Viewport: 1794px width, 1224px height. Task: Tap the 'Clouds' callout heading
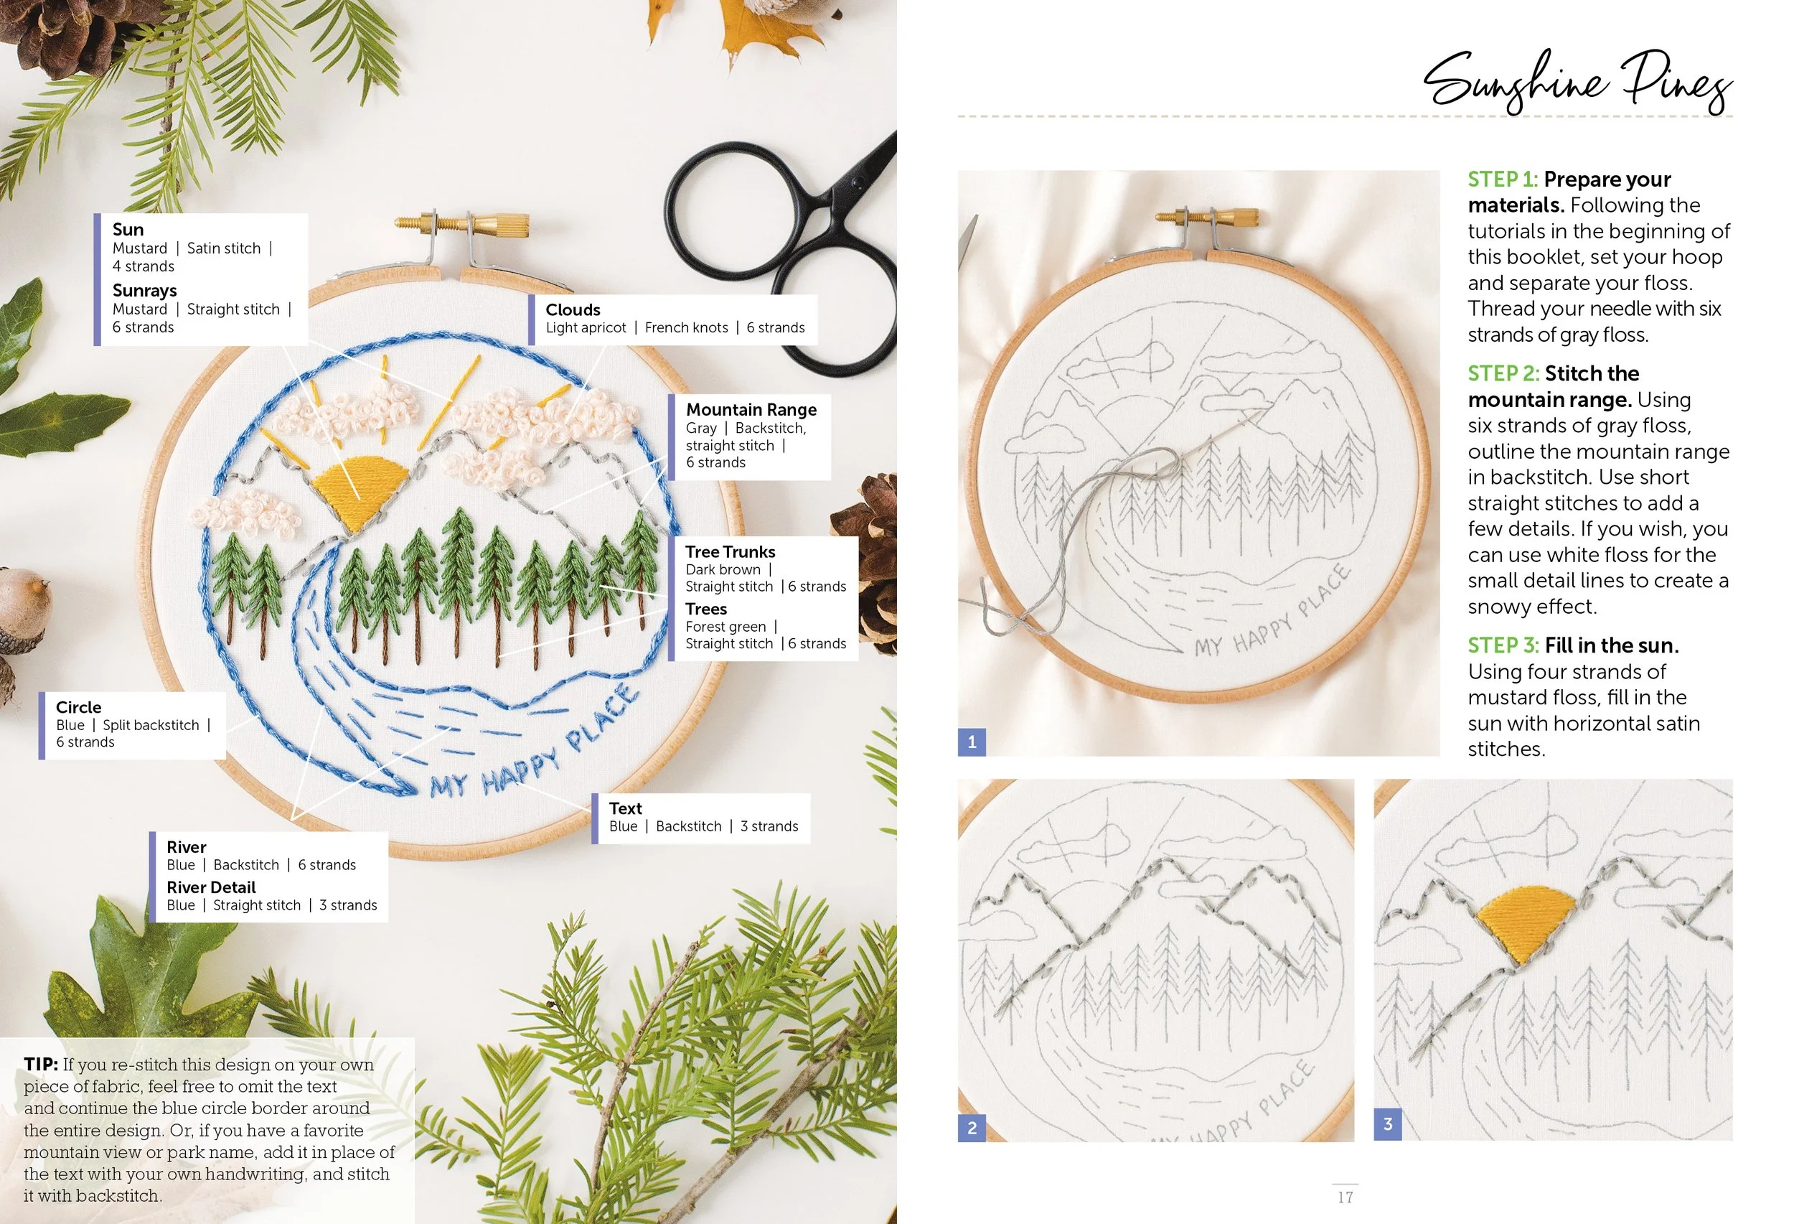[573, 309]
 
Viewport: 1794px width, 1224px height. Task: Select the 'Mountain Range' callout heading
[751, 409]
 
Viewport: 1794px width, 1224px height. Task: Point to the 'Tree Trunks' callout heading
[731, 551]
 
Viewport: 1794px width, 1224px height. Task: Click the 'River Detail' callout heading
[211, 887]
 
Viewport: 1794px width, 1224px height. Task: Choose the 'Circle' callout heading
[79, 707]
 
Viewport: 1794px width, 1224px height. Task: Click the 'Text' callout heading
[625, 808]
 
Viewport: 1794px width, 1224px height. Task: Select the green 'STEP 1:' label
[1502, 179]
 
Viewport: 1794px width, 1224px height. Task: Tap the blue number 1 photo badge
[972, 742]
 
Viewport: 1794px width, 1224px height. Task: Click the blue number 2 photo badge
[972, 1128]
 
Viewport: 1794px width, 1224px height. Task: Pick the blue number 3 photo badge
[1388, 1124]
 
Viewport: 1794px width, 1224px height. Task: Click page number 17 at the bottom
[1345, 1197]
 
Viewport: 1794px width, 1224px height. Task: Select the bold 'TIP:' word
[41, 1064]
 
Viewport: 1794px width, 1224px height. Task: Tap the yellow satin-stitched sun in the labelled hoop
[358, 490]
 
